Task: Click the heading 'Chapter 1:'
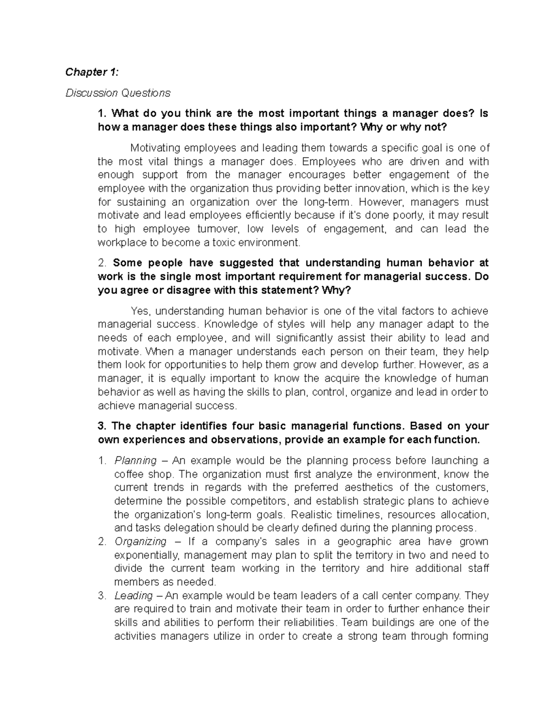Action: pyautogui.click(x=92, y=72)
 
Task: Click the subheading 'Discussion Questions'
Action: pyautogui.click(x=117, y=93)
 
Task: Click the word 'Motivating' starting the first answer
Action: pyautogui.click(x=155, y=148)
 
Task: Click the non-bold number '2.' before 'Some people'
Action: pyautogui.click(x=102, y=263)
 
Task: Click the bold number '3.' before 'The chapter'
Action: pyautogui.click(x=102, y=426)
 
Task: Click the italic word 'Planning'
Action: pyautogui.click(x=136, y=460)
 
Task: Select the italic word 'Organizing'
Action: pyautogui.click(x=140, y=541)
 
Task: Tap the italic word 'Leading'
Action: pyautogui.click(x=133, y=595)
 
